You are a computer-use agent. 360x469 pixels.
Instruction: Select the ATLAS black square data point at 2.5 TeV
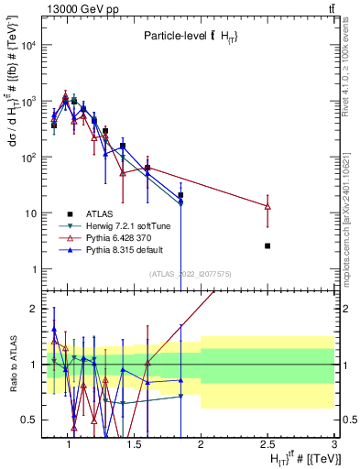(x=267, y=245)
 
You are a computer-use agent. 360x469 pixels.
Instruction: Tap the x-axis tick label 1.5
(x=135, y=445)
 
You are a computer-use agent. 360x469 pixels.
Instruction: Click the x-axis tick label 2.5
(x=267, y=445)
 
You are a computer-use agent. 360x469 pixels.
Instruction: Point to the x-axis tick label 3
(x=334, y=445)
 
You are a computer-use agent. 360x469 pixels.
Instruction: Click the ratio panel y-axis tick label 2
(x=31, y=308)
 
